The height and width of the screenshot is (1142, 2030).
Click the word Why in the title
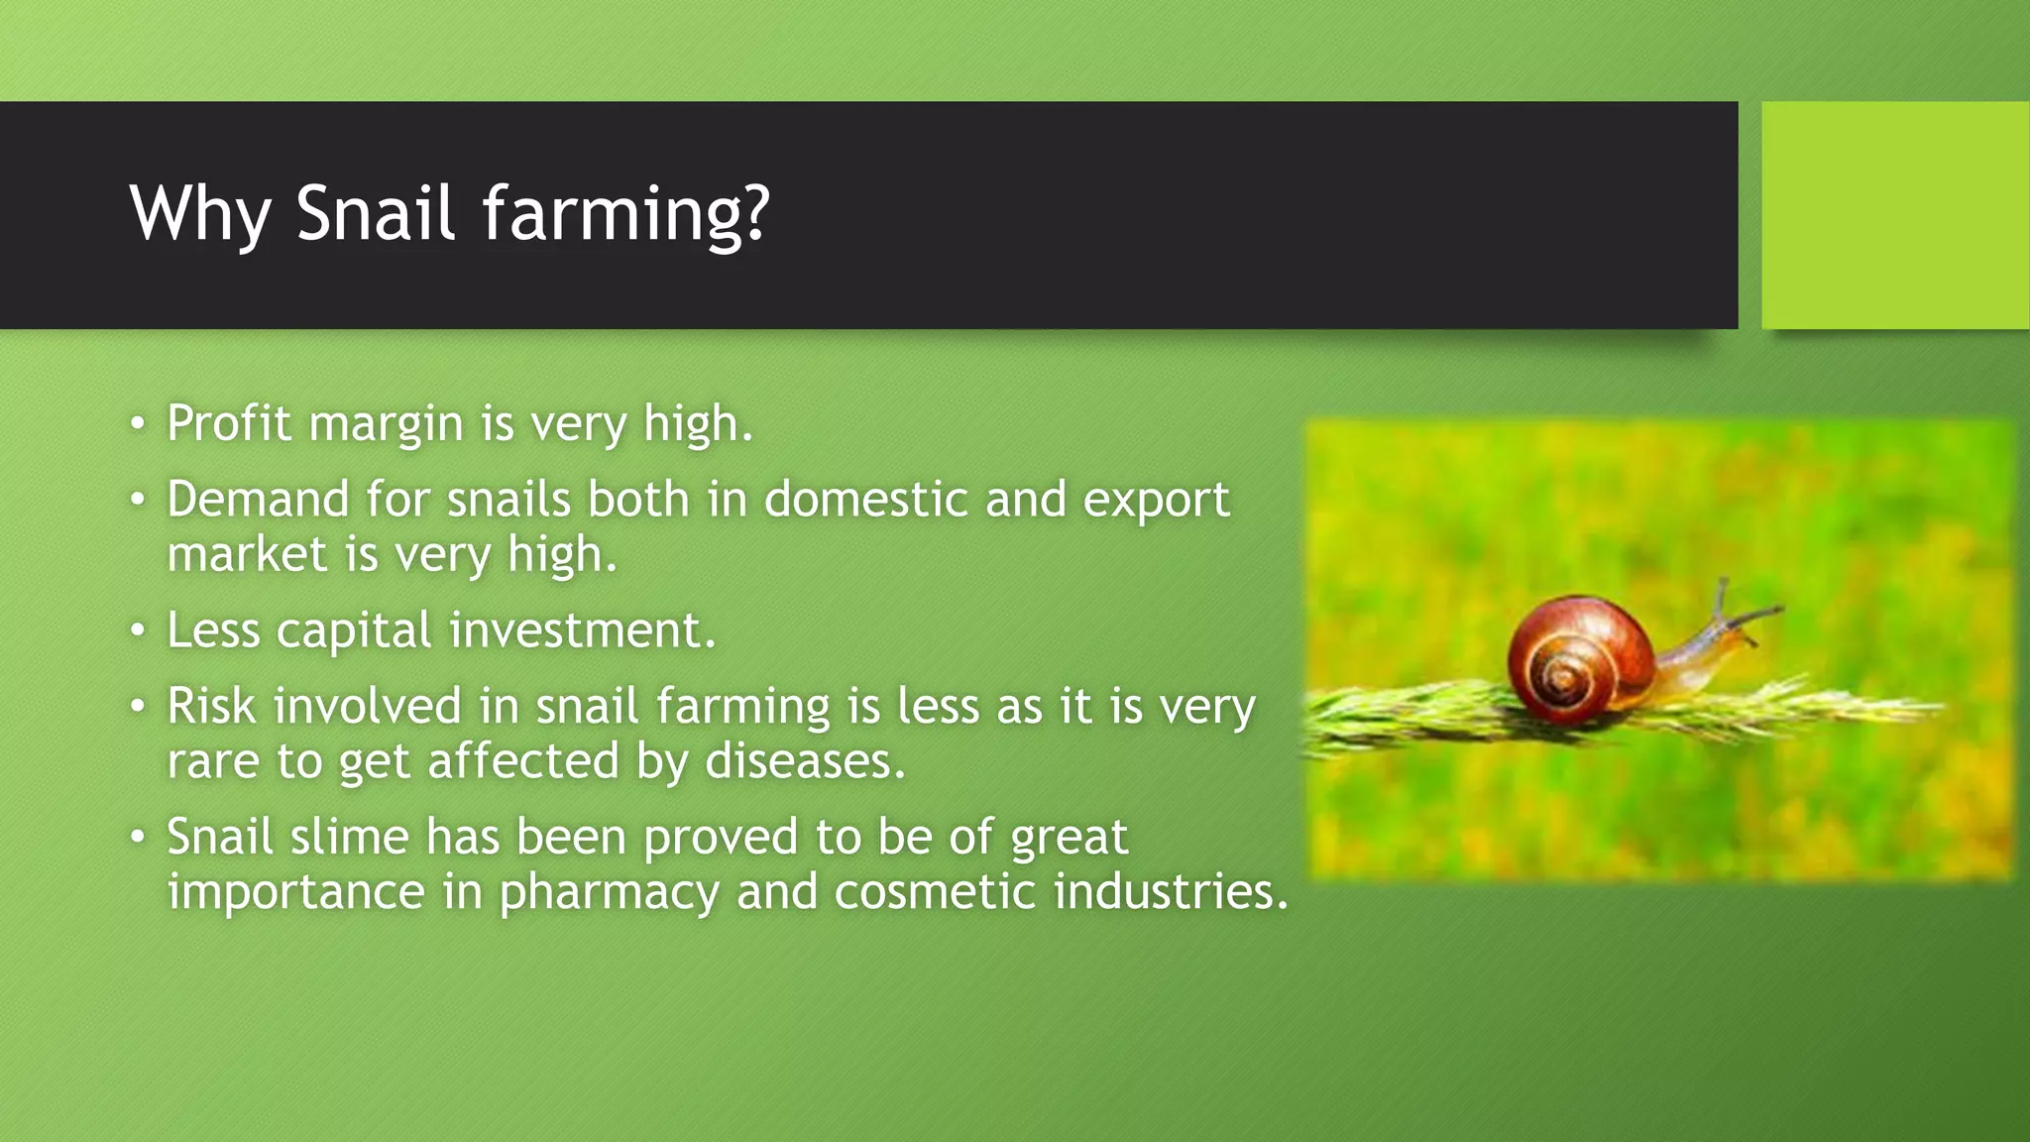pos(199,213)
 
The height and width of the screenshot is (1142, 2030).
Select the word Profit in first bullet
pos(229,423)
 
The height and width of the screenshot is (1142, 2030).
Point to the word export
pos(1156,501)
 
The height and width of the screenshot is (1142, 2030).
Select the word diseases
pos(805,761)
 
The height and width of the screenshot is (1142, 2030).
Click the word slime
pos(350,837)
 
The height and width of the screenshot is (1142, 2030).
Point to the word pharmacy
pos(609,893)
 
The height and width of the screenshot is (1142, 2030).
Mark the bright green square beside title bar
pos(1895,215)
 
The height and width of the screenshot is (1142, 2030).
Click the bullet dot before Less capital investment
pos(138,631)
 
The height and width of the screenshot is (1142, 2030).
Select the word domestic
pos(865,499)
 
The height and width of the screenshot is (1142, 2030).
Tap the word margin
pos(387,425)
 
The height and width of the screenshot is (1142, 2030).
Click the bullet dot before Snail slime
pos(138,838)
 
